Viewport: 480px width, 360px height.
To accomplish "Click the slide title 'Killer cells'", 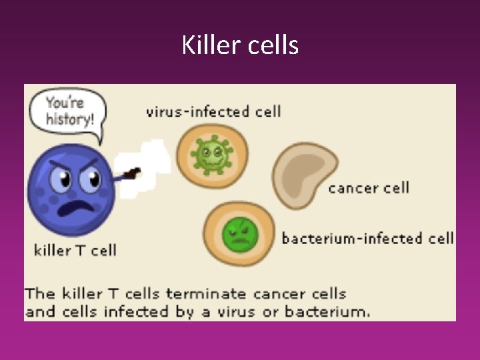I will click(240, 45).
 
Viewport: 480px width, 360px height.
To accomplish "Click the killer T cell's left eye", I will click(61, 178).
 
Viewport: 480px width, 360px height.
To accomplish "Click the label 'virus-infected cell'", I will click(213, 111).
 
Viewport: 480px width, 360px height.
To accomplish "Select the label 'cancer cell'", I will click(369, 187).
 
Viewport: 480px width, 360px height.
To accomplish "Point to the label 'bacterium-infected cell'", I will click(367, 238).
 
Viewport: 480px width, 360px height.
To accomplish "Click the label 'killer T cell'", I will click(75, 251).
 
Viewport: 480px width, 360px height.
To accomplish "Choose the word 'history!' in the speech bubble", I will click(69, 121).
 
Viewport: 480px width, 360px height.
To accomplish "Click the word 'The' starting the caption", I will click(40, 293).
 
